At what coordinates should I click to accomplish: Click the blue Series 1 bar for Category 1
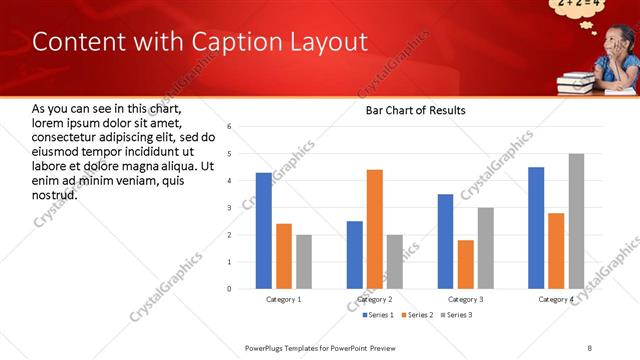[x=263, y=231]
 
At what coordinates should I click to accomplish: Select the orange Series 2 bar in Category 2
[x=375, y=229]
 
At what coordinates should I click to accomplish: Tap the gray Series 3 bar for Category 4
[x=576, y=221]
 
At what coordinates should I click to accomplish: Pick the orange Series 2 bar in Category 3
[x=465, y=264]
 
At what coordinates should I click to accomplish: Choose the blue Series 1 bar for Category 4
[x=536, y=228]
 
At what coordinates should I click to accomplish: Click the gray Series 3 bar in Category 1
[x=303, y=262]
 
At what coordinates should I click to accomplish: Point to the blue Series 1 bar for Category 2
[x=355, y=255]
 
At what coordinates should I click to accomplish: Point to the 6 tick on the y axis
[x=229, y=127]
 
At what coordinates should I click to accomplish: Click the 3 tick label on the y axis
[x=229, y=208]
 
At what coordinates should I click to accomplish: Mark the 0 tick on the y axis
[x=229, y=289]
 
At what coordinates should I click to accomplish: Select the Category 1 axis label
[x=283, y=299]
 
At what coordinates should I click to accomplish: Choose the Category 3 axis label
[x=465, y=299]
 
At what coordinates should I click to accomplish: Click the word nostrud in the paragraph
[x=55, y=193]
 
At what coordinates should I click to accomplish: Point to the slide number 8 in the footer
[x=589, y=347]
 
